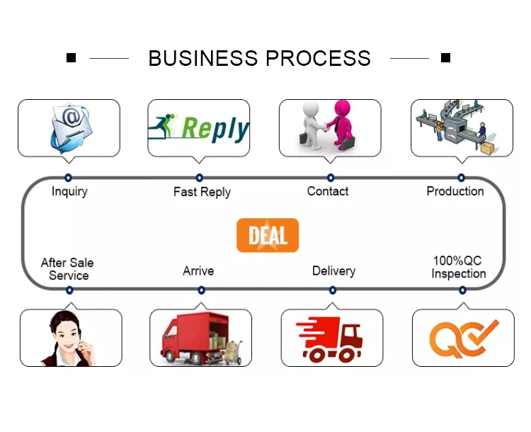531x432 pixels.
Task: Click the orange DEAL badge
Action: click(x=268, y=235)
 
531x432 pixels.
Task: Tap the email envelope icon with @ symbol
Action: click(x=69, y=127)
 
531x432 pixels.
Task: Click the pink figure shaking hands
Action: click(x=342, y=124)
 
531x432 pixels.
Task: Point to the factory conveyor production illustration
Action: click(x=461, y=127)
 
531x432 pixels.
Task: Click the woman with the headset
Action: click(x=68, y=338)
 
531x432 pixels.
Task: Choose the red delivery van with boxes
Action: click(x=201, y=338)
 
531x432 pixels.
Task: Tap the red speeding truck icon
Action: click(x=331, y=338)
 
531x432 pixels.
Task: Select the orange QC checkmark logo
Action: click(x=463, y=338)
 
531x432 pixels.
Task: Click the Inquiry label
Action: click(x=69, y=191)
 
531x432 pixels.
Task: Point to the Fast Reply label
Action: click(x=202, y=192)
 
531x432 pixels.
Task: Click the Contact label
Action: click(x=328, y=191)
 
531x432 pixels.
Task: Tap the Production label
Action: click(x=455, y=191)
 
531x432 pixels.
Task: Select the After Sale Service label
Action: click(x=68, y=269)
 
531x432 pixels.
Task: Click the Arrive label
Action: click(x=198, y=271)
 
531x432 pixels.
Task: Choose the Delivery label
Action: click(x=333, y=271)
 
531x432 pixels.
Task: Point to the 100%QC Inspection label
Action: click(x=459, y=267)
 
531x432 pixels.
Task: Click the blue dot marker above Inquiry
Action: click(x=69, y=178)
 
